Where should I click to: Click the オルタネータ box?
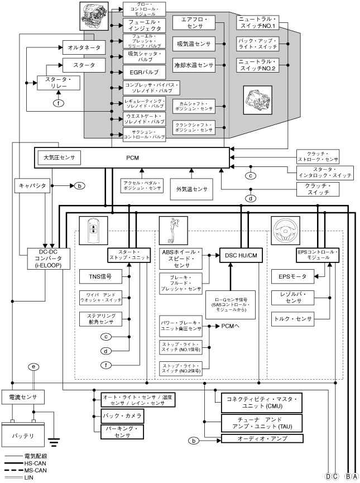coord(83,49)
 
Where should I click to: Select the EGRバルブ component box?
coord(144,73)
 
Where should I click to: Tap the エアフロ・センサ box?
coord(194,23)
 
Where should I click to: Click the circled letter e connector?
coord(35,367)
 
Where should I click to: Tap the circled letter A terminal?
coord(355,476)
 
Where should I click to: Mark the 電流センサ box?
coord(20,396)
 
